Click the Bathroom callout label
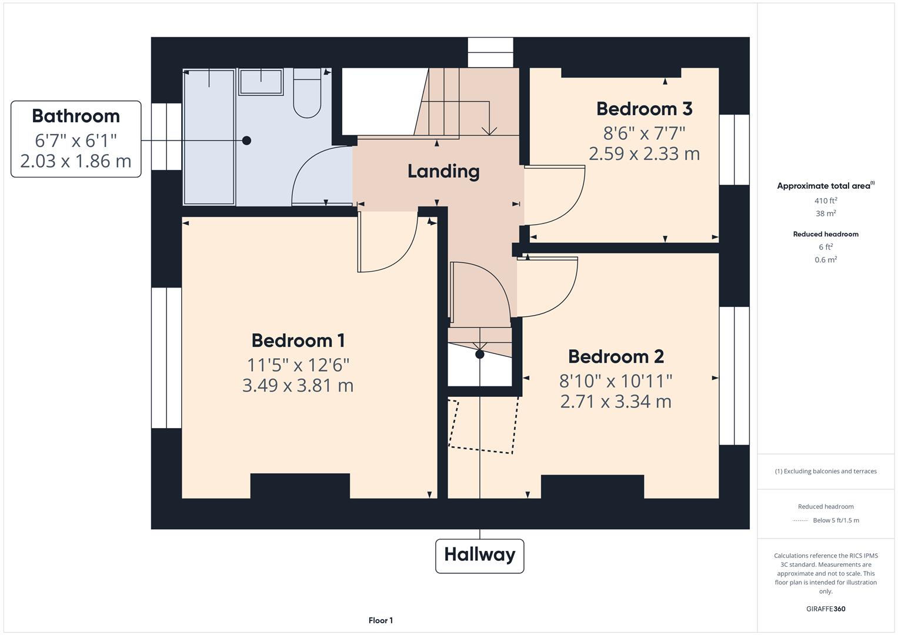click(x=76, y=139)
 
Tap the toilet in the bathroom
click(x=307, y=94)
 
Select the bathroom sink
click(x=261, y=82)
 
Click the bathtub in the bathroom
click(x=209, y=136)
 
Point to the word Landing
click(x=443, y=171)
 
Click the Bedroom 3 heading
click(x=644, y=109)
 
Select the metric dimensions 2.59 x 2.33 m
click(x=644, y=154)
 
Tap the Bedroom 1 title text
click(x=298, y=340)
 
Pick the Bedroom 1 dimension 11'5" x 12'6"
click(x=298, y=365)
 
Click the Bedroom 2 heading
click(x=616, y=356)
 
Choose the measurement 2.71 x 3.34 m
click(x=616, y=402)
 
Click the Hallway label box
click(x=479, y=555)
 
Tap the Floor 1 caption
click(x=380, y=620)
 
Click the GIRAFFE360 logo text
click(x=826, y=609)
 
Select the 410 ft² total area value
click(x=826, y=201)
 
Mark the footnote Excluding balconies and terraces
click(x=826, y=471)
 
